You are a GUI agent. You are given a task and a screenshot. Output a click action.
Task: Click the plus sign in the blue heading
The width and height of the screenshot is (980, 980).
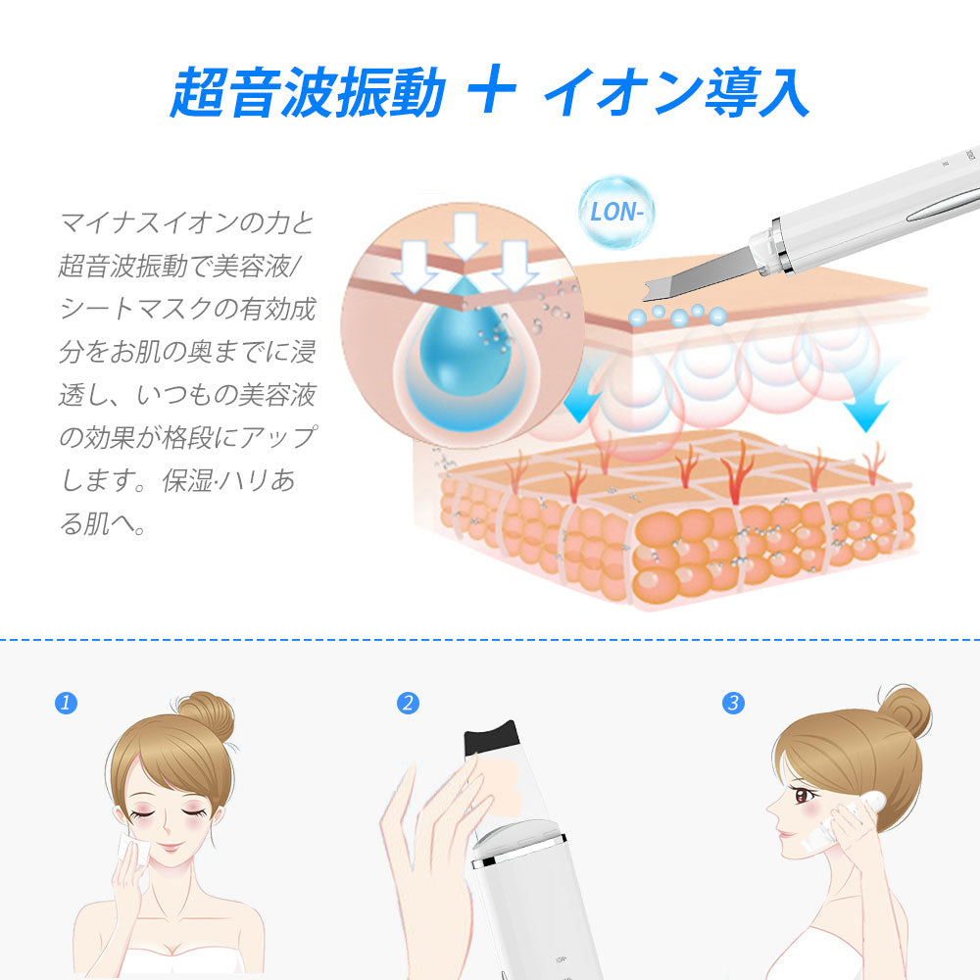492,93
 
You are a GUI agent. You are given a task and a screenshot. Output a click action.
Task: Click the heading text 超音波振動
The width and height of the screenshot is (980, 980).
308,93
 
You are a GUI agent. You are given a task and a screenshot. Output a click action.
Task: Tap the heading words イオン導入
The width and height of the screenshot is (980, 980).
676,93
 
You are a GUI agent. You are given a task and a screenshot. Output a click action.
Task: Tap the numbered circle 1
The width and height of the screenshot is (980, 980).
66,703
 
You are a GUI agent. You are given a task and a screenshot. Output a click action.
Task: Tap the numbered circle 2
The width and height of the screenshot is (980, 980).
409,703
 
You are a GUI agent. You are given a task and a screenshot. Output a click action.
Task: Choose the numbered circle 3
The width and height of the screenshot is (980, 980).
732,703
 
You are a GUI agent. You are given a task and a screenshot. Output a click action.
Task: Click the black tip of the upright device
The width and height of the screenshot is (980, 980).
491,739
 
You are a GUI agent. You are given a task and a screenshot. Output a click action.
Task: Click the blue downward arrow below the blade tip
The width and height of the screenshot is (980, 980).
582,402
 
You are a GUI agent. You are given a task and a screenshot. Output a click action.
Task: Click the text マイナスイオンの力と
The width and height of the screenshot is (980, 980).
186,222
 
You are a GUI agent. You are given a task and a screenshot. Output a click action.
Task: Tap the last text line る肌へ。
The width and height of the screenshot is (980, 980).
103,524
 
